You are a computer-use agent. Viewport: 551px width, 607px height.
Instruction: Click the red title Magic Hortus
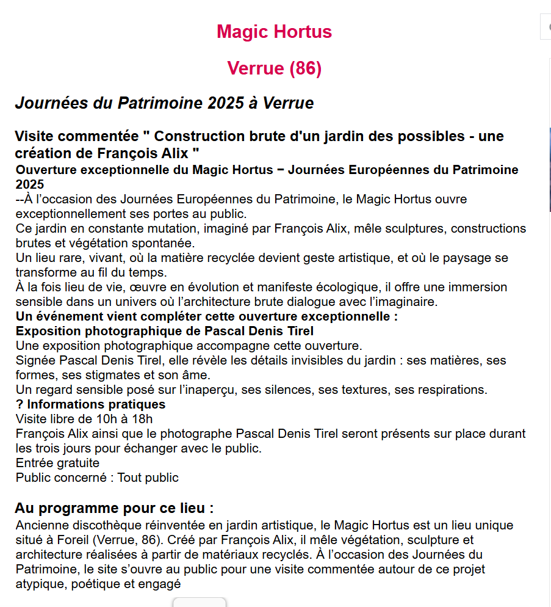[274, 32]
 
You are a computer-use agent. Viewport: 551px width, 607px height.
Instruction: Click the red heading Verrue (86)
[274, 68]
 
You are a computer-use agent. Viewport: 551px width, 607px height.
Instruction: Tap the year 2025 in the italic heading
[225, 103]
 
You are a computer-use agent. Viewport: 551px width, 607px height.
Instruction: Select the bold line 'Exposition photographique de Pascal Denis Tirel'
[165, 331]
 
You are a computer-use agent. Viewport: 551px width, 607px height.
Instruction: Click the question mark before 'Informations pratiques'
[20, 404]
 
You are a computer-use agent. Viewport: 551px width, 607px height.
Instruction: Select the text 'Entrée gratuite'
[57, 463]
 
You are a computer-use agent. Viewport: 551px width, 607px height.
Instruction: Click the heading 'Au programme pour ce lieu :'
[114, 509]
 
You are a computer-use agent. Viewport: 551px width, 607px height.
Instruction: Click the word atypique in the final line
[40, 584]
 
